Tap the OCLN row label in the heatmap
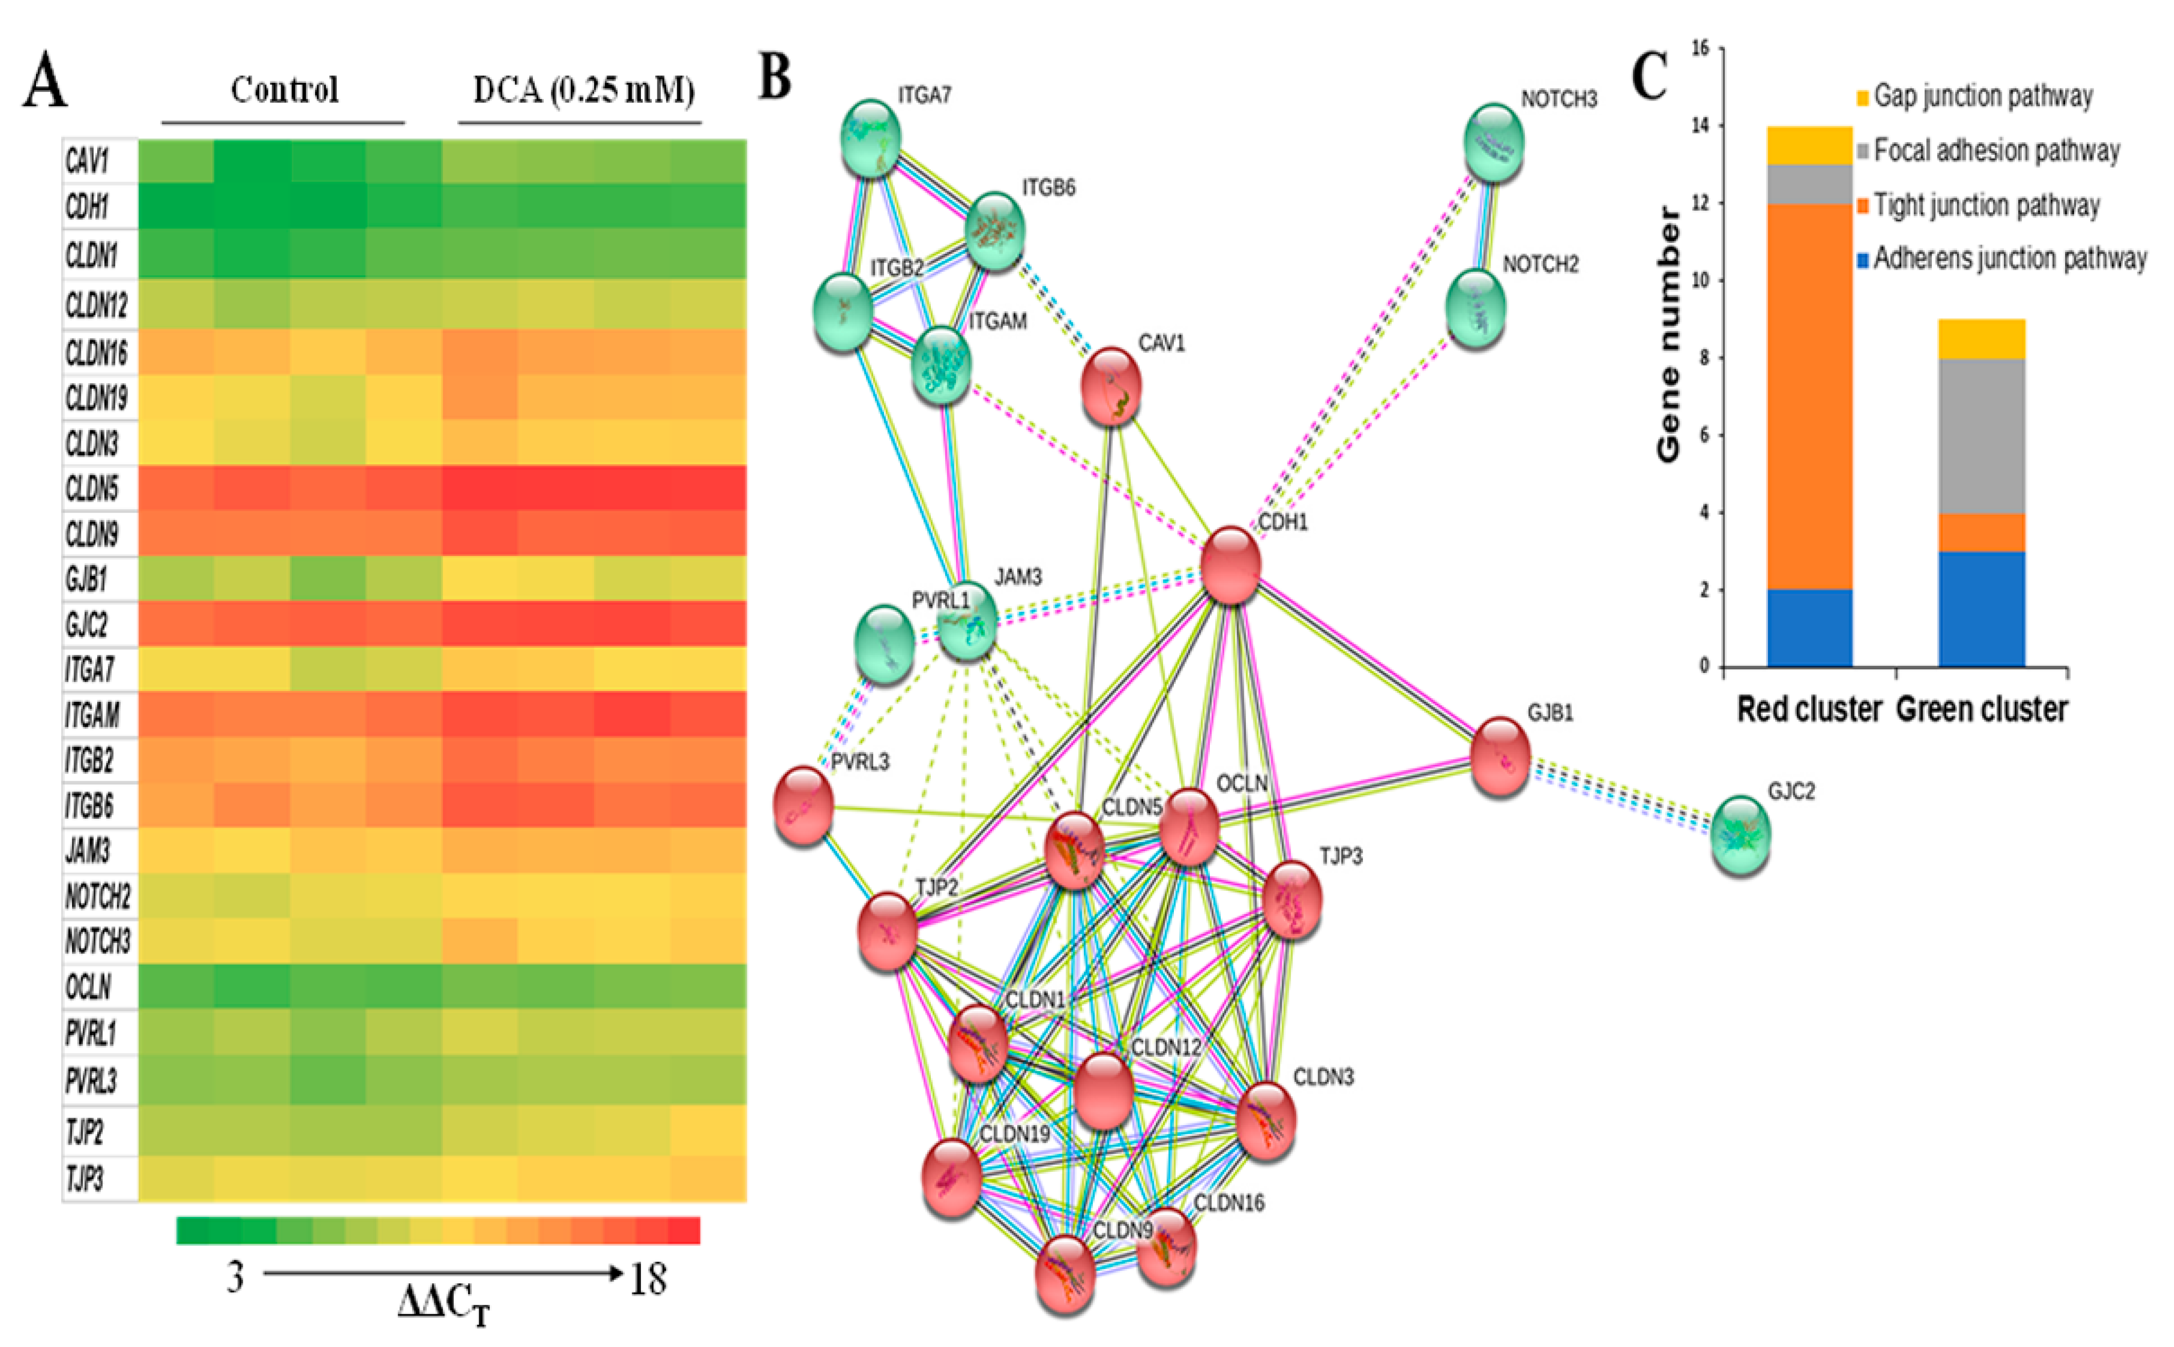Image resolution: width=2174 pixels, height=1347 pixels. (88, 986)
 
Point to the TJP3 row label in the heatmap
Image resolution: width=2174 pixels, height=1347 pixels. (85, 1178)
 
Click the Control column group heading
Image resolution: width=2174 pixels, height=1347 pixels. (284, 90)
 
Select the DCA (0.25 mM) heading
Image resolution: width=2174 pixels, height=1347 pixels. (583, 90)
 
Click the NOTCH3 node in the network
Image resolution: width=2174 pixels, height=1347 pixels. (1494, 142)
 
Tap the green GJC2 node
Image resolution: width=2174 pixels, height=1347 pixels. (1740, 835)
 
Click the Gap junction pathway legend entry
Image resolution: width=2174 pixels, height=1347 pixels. (1982, 96)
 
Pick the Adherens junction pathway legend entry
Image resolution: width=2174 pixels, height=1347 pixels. (2009, 258)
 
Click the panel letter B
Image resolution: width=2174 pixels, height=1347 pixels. (775, 78)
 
